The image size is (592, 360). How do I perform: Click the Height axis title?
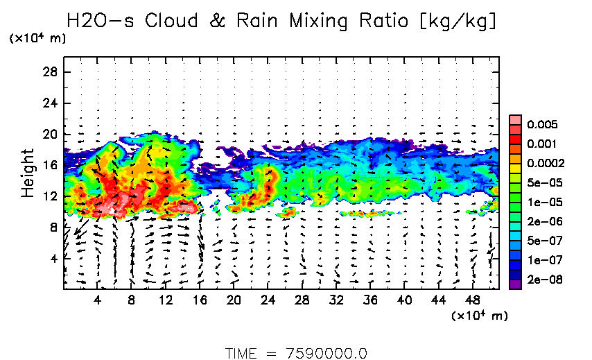(28, 173)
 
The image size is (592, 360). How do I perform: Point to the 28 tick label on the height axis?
(50, 71)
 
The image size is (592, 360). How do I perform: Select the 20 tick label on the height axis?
(50, 134)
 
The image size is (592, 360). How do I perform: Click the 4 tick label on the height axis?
(53, 258)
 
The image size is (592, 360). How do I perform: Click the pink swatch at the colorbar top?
(515, 120)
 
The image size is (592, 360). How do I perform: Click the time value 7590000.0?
(326, 352)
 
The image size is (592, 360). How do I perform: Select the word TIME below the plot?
(242, 352)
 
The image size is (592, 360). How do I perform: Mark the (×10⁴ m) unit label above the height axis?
(37, 39)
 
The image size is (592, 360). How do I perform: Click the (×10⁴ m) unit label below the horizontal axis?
(479, 316)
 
